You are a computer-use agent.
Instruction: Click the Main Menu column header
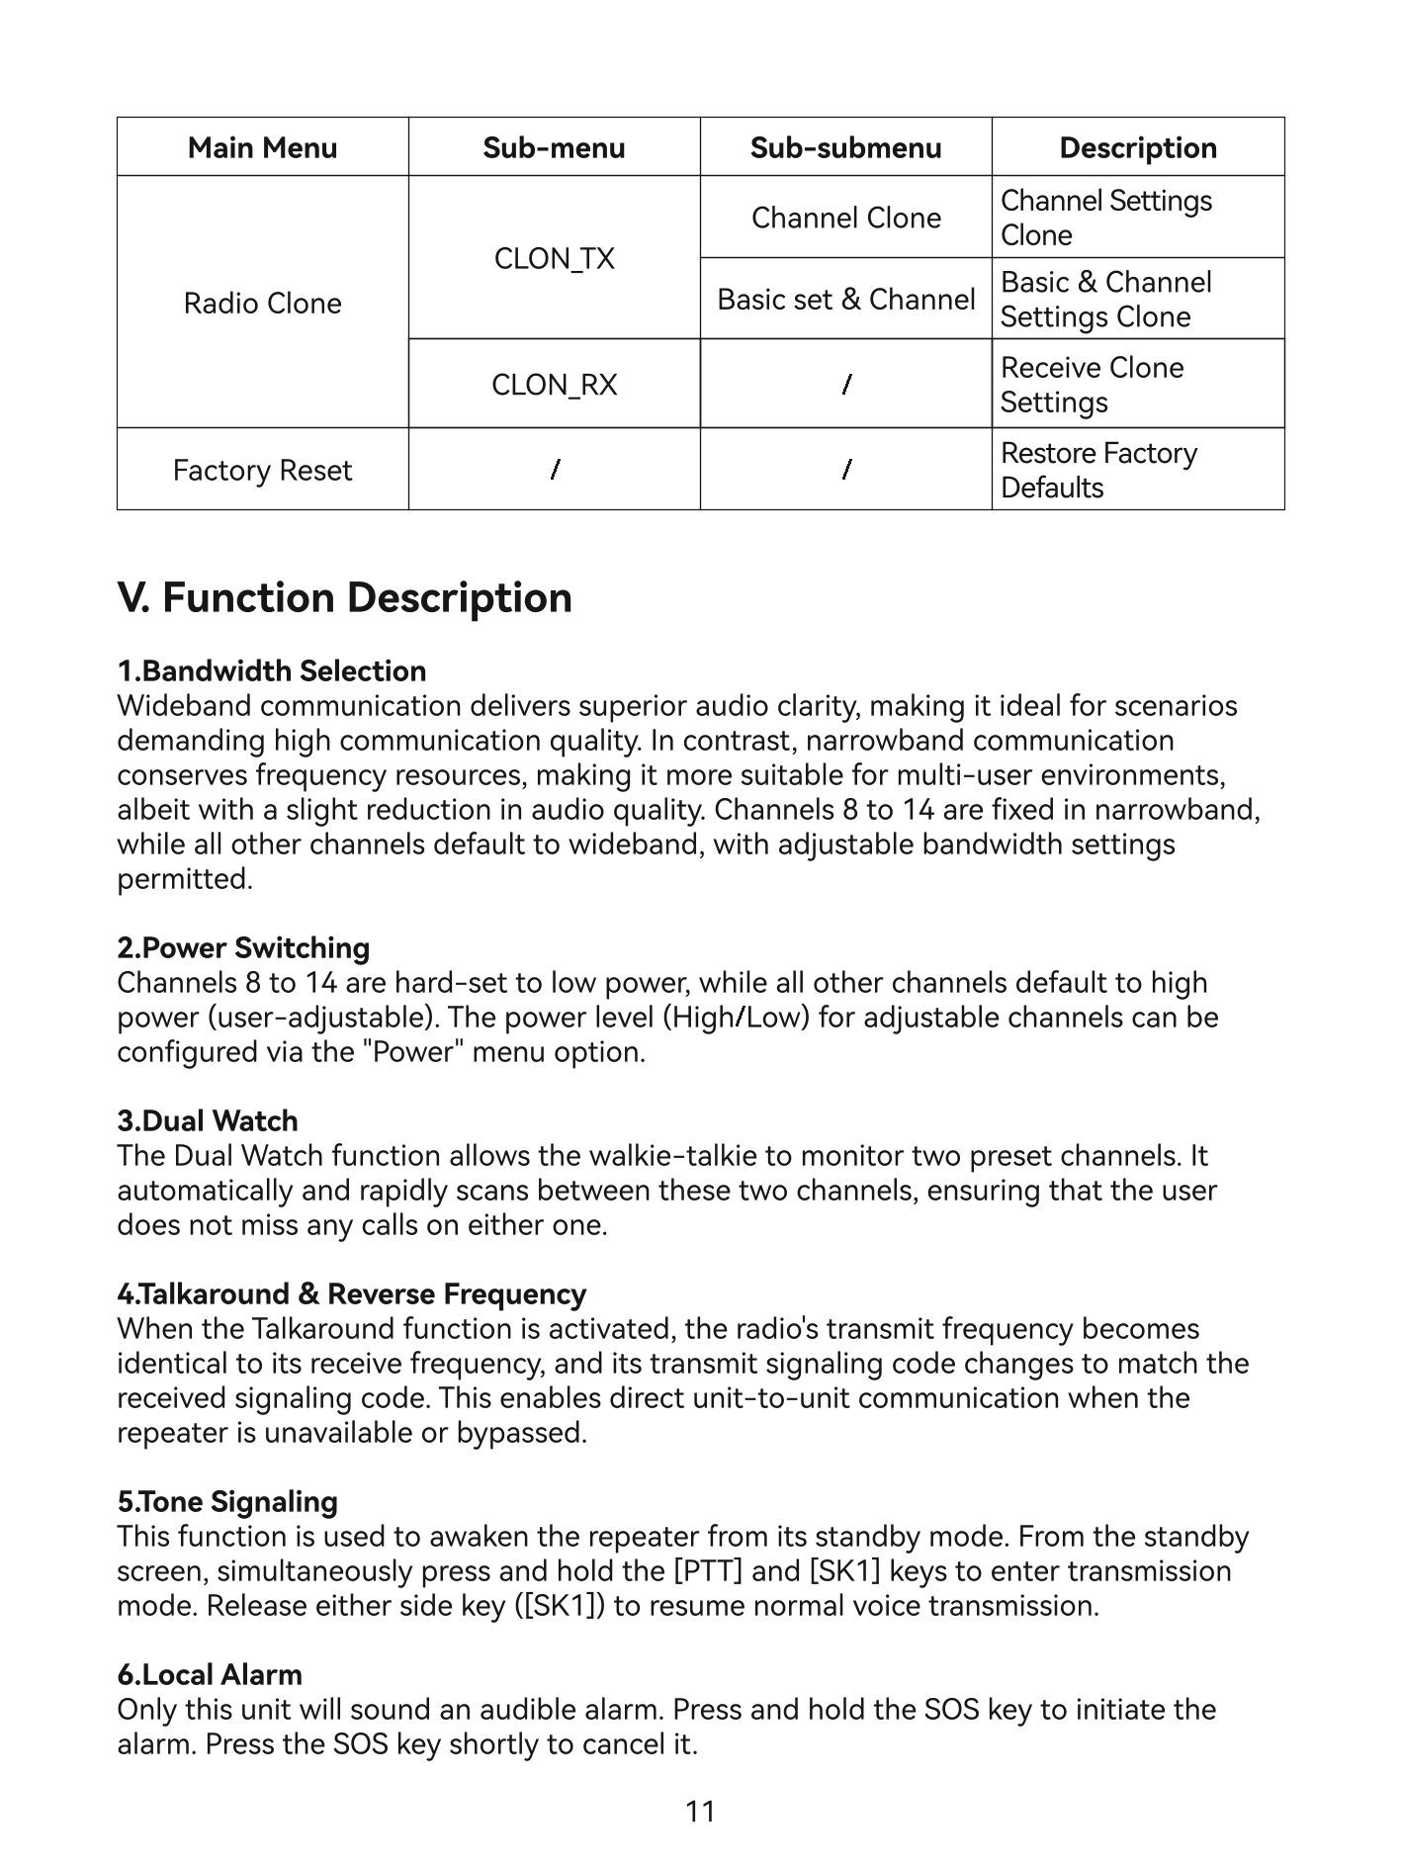coord(262,147)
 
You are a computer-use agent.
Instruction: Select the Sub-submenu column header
coord(845,147)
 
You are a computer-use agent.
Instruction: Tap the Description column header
coord(1138,147)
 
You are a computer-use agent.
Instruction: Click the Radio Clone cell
coord(262,303)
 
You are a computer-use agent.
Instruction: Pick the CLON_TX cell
coord(554,258)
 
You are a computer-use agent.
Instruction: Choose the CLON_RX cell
coord(554,384)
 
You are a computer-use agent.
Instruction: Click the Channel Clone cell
coord(845,218)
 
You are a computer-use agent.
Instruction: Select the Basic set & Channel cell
coord(845,299)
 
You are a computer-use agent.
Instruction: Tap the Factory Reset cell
coord(262,470)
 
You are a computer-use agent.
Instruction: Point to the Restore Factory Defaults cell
coord(1098,470)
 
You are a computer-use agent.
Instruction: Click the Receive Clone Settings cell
coord(1092,385)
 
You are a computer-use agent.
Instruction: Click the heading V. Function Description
coord(344,598)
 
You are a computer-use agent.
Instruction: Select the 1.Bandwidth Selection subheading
coord(272,671)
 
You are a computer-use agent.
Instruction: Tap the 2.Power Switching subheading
coord(243,948)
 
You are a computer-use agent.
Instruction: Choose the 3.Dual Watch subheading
coord(208,1121)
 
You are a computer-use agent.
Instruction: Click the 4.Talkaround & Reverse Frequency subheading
coord(351,1294)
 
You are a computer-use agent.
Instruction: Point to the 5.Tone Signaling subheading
coord(227,1502)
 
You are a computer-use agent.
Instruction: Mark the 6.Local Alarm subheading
coord(210,1675)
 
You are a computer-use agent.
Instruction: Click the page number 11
coord(700,1812)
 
